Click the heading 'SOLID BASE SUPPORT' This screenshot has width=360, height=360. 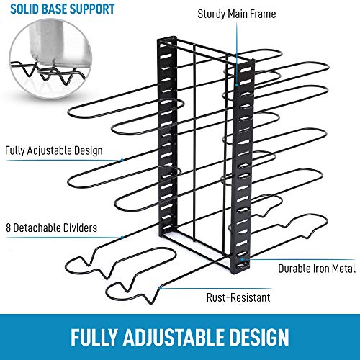63,9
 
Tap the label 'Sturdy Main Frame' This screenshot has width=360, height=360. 237,14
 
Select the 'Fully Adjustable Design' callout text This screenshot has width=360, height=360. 54,150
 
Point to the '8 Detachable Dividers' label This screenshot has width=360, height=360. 52,228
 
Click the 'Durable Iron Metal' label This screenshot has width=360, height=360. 317,269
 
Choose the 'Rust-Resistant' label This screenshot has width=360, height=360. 238,297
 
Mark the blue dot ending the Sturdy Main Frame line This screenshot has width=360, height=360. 237,85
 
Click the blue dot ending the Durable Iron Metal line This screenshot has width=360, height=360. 243,259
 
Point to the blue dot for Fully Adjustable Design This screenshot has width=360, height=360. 122,160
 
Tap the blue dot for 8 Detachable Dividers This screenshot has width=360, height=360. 122,238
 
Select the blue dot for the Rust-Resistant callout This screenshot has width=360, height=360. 161,287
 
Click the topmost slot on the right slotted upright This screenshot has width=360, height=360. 246,70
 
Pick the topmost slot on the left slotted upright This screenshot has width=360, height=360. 166,57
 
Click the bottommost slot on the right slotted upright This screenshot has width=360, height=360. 242,265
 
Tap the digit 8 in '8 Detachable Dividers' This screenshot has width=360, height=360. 9,228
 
